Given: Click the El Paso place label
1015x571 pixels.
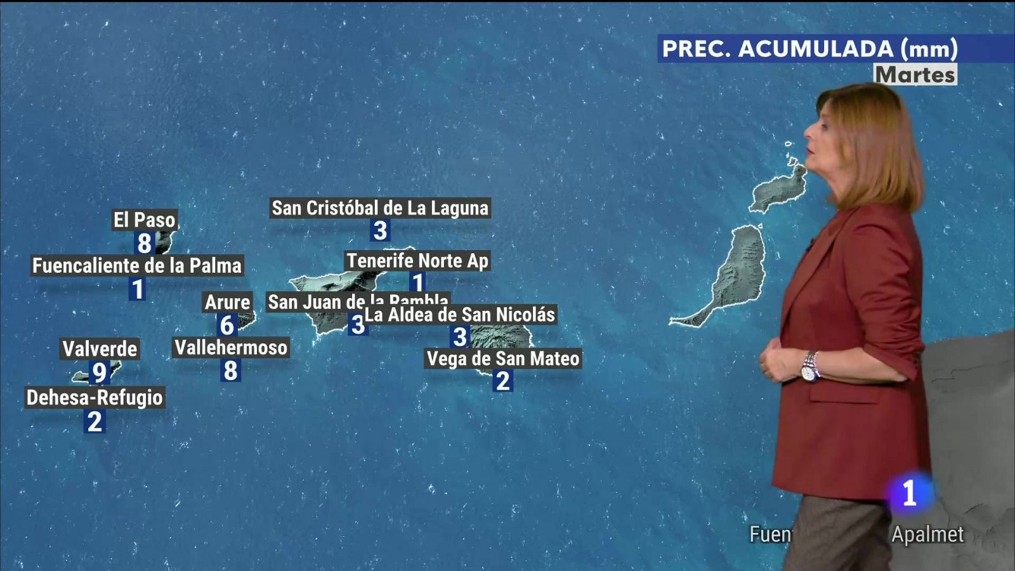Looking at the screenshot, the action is [144, 220].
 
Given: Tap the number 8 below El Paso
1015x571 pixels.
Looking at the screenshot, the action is [145, 243].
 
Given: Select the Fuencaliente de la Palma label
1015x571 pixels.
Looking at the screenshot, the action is [137, 265].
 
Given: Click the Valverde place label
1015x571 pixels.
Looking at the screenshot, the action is [100, 348].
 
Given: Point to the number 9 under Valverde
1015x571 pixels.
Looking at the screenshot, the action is [99, 372].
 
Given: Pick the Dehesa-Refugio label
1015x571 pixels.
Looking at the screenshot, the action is [95, 398].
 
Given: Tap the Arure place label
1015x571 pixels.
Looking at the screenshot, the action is [227, 303].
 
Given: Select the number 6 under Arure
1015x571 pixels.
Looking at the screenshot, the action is [227, 325].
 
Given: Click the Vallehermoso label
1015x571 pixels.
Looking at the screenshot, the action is [231, 348].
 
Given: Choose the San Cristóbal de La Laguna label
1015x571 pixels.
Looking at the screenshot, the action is [380, 208].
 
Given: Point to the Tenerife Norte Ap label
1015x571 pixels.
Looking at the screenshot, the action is [417, 261].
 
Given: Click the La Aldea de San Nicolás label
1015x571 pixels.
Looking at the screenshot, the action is [460, 315].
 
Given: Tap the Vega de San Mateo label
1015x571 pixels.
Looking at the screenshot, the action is [503, 359].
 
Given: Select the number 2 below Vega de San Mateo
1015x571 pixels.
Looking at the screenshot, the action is [502, 381].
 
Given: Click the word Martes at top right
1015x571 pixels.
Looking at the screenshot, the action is [915, 75].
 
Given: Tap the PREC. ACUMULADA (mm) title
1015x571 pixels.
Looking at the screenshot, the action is [809, 49].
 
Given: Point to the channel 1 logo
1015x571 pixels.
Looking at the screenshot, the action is [909, 493].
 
